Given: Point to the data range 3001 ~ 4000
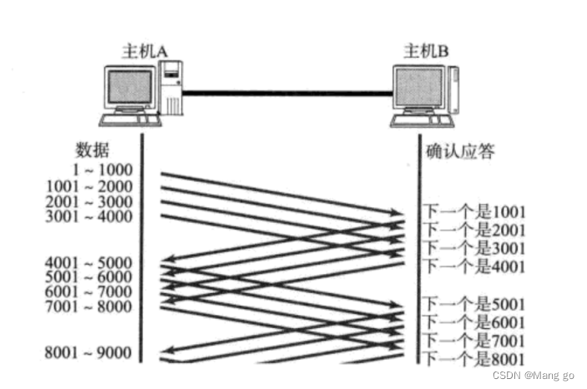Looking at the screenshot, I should (x=91, y=217).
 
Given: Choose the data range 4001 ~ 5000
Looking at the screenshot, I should (x=91, y=264).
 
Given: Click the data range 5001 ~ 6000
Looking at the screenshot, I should (x=91, y=278).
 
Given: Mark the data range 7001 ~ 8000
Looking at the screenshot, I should (x=91, y=306).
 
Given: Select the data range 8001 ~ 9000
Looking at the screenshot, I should (x=91, y=353).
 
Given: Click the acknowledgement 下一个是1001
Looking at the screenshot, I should (x=473, y=211).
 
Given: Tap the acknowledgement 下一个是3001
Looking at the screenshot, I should (x=473, y=248).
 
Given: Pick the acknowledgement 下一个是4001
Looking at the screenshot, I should (x=473, y=267).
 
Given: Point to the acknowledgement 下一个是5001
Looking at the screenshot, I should (x=473, y=304).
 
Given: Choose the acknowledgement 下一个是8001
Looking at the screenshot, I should (x=473, y=359).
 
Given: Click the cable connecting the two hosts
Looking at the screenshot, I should (x=288, y=93).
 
